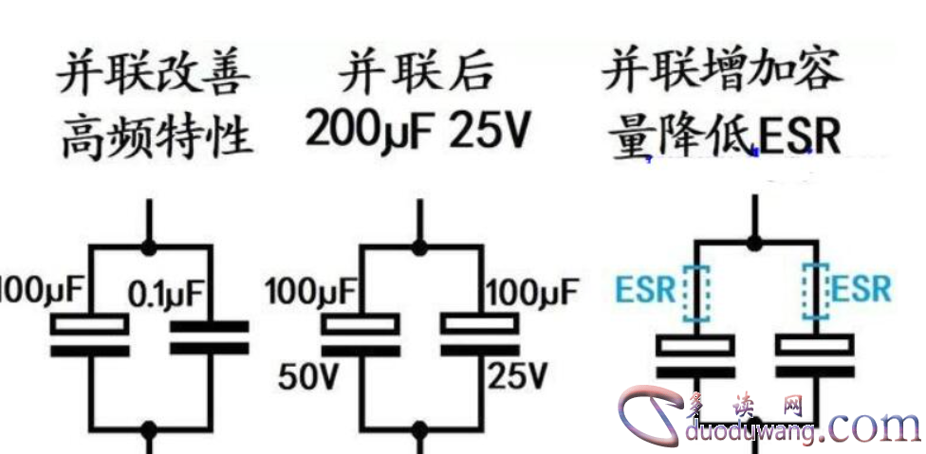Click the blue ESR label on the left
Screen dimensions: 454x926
(x=645, y=289)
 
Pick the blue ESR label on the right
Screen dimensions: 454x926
(x=861, y=289)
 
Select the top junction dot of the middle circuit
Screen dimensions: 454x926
(x=417, y=248)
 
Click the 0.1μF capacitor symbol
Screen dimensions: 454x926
(x=208, y=337)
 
